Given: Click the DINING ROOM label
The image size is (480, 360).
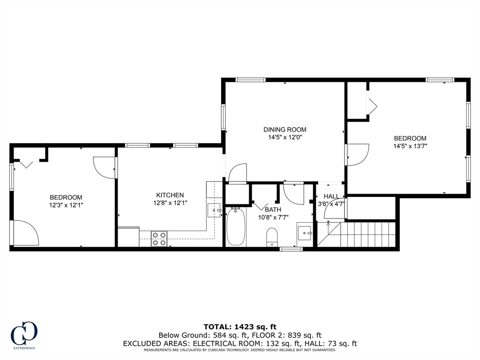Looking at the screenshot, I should (285, 129).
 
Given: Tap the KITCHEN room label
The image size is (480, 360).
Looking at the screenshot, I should (170, 195).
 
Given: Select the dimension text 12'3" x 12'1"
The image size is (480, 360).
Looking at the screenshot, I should (66, 205).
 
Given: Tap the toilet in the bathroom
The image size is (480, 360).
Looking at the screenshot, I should (272, 236).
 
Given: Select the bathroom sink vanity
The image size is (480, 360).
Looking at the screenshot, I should (305, 232).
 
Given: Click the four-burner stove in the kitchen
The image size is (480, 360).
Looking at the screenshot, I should (159, 238).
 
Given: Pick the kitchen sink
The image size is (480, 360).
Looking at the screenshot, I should (215, 210).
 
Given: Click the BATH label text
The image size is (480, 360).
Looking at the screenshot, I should (273, 210).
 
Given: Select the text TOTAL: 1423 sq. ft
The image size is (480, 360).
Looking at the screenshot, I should (240, 326).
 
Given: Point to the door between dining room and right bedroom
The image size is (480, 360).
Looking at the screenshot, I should (356, 155).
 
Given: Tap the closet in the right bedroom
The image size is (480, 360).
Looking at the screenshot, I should (357, 101).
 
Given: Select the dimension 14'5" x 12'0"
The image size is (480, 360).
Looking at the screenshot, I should (285, 138).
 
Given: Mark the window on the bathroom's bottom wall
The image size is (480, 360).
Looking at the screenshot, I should (291, 249).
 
